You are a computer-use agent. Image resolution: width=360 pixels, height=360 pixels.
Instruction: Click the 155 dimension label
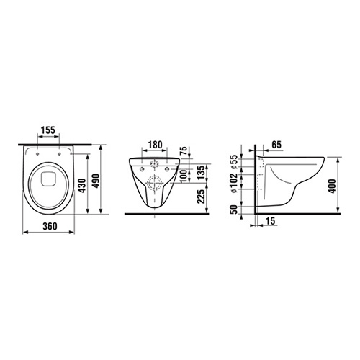(x=48, y=130)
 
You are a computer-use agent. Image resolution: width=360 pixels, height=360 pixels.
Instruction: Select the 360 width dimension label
(x=50, y=226)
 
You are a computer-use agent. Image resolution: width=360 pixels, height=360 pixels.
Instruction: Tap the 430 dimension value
(x=83, y=186)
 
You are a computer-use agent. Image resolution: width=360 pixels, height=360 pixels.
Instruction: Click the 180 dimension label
(x=155, y=145)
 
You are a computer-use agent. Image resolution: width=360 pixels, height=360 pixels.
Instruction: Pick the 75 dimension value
(x=184, y=150)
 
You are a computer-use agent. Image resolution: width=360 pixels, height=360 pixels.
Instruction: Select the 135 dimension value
(x=202, y=172)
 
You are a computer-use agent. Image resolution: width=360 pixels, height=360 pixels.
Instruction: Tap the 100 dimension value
(x=184, y=176)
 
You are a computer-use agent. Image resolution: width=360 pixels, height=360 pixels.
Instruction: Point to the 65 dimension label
(x=276, y=145)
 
